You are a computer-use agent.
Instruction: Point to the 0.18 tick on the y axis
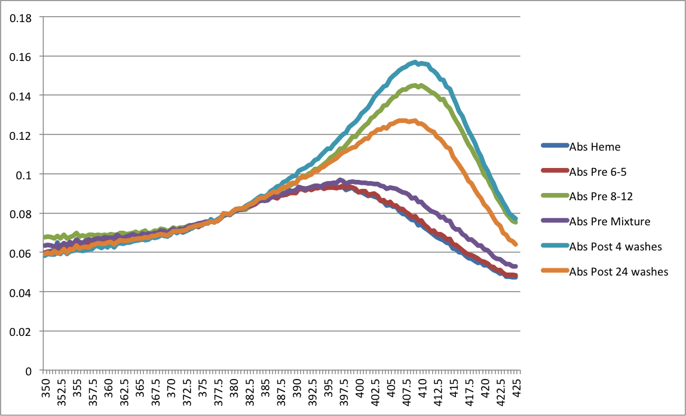(23, 17)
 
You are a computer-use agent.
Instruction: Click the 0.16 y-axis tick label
(23, 56)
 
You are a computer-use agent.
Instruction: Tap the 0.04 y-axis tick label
(23, 292)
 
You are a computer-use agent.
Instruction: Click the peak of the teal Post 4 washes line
(415, 62)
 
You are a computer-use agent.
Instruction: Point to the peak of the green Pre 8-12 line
(421, 85)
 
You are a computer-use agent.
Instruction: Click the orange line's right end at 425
(515, 244)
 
